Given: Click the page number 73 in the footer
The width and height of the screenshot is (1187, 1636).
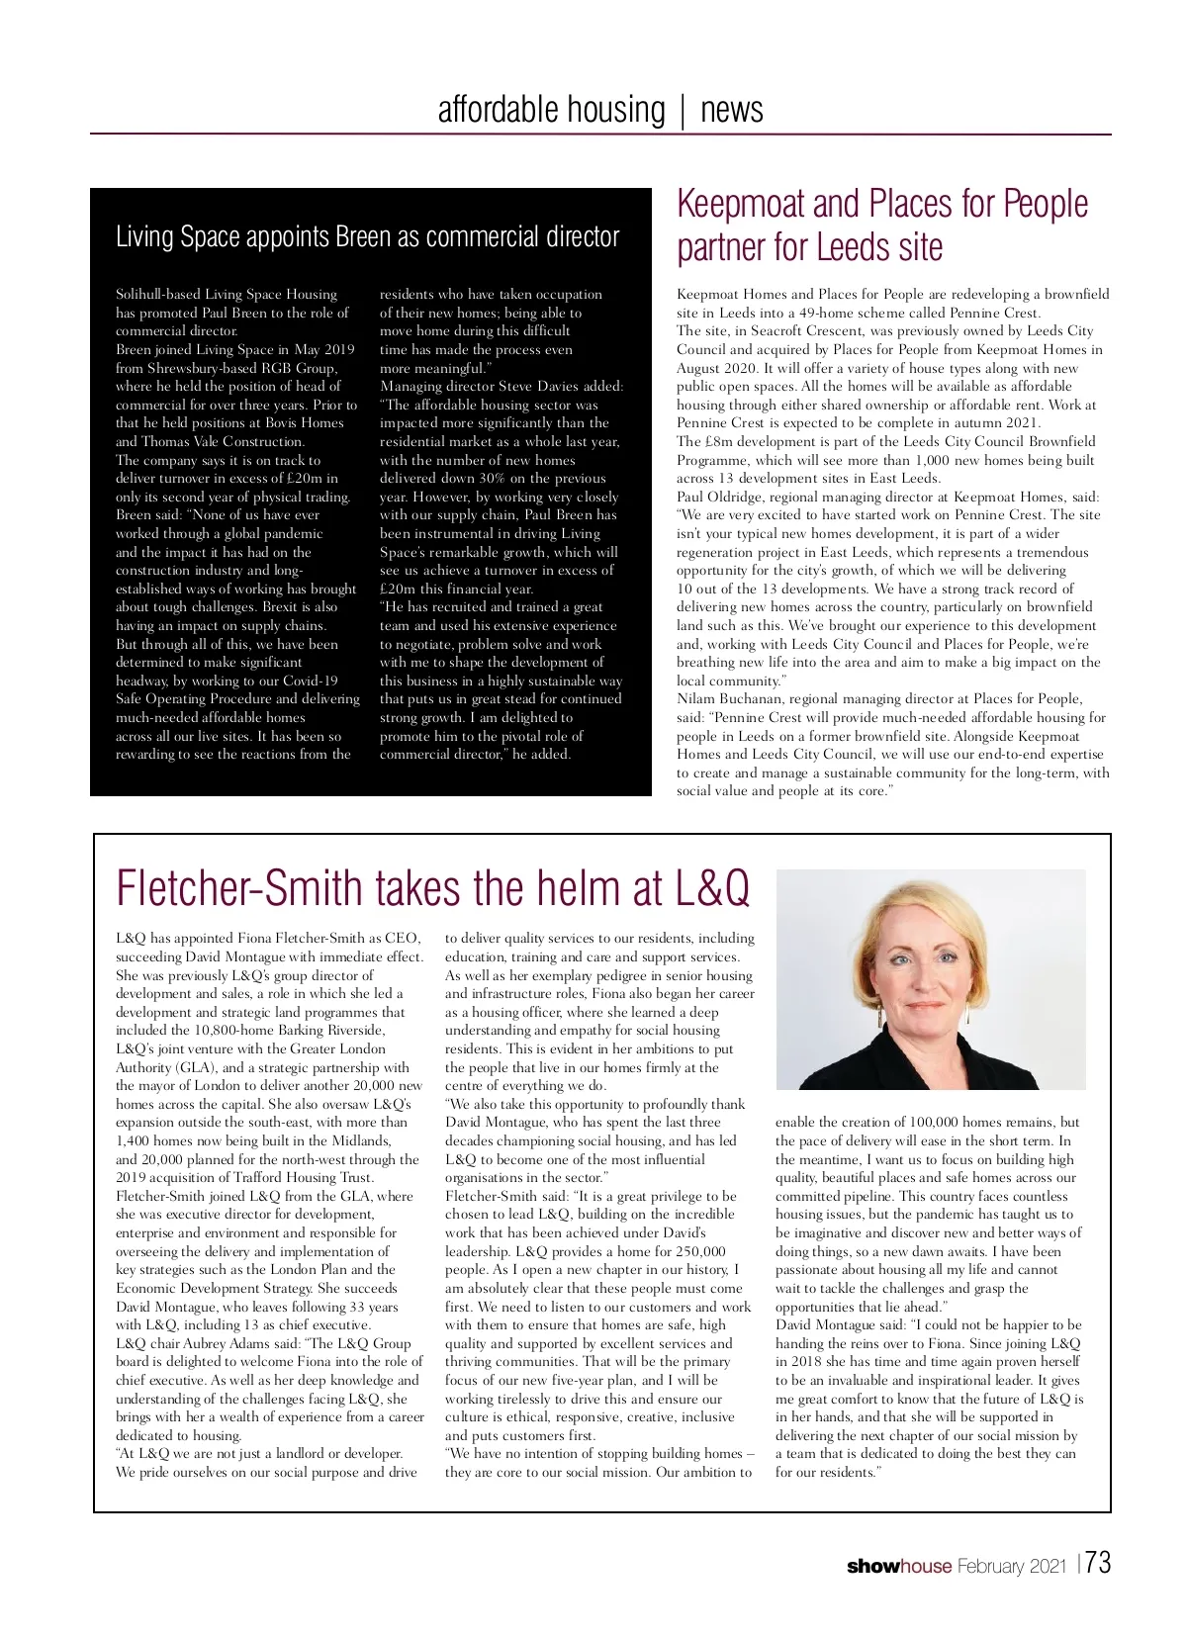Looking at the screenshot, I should pos(1097,1564).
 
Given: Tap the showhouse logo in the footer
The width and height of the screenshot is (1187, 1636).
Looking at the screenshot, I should pos(898,1567).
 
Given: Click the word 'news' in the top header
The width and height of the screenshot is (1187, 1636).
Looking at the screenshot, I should pos(731,109).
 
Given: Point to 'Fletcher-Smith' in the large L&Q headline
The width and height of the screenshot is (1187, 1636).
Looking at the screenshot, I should pos(239,887).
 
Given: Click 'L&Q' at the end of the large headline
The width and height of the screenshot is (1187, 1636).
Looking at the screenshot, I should pos(712,887).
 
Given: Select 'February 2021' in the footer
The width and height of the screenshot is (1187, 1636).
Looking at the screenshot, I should pos(1011,1567).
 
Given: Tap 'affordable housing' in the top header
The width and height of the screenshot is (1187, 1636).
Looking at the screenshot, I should pos(551,109).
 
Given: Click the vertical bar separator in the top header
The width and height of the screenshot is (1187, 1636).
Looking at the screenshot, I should pos(683,110).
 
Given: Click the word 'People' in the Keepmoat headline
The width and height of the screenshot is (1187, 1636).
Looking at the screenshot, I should pos(1046,204).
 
